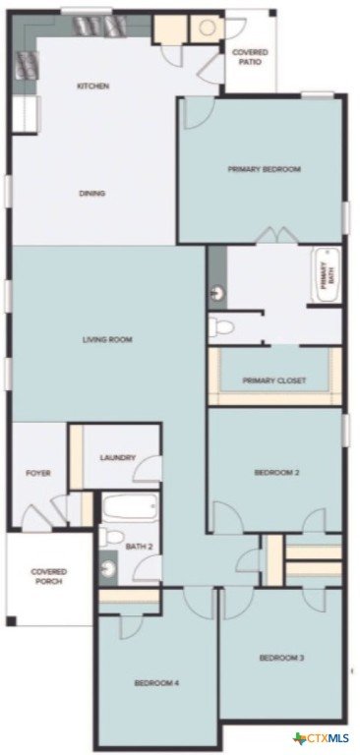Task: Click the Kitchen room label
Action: (x=93, y=87)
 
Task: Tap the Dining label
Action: (x=92, y=194)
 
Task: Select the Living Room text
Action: (x=107, y=340)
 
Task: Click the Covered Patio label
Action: (x=250, y=57)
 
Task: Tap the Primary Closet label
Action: (x=273, y=380)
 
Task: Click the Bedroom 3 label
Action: (x=282, y=658)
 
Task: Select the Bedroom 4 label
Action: (x=157, y=683)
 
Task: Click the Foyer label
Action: (x=38, y=473)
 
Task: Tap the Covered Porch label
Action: (x=48, y=576)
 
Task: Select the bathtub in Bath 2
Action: (x=130, y=507)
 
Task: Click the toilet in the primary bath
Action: (x=221, y=327)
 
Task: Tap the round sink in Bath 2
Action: (x=109, y=569)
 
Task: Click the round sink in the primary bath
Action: (x=217, y=292)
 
